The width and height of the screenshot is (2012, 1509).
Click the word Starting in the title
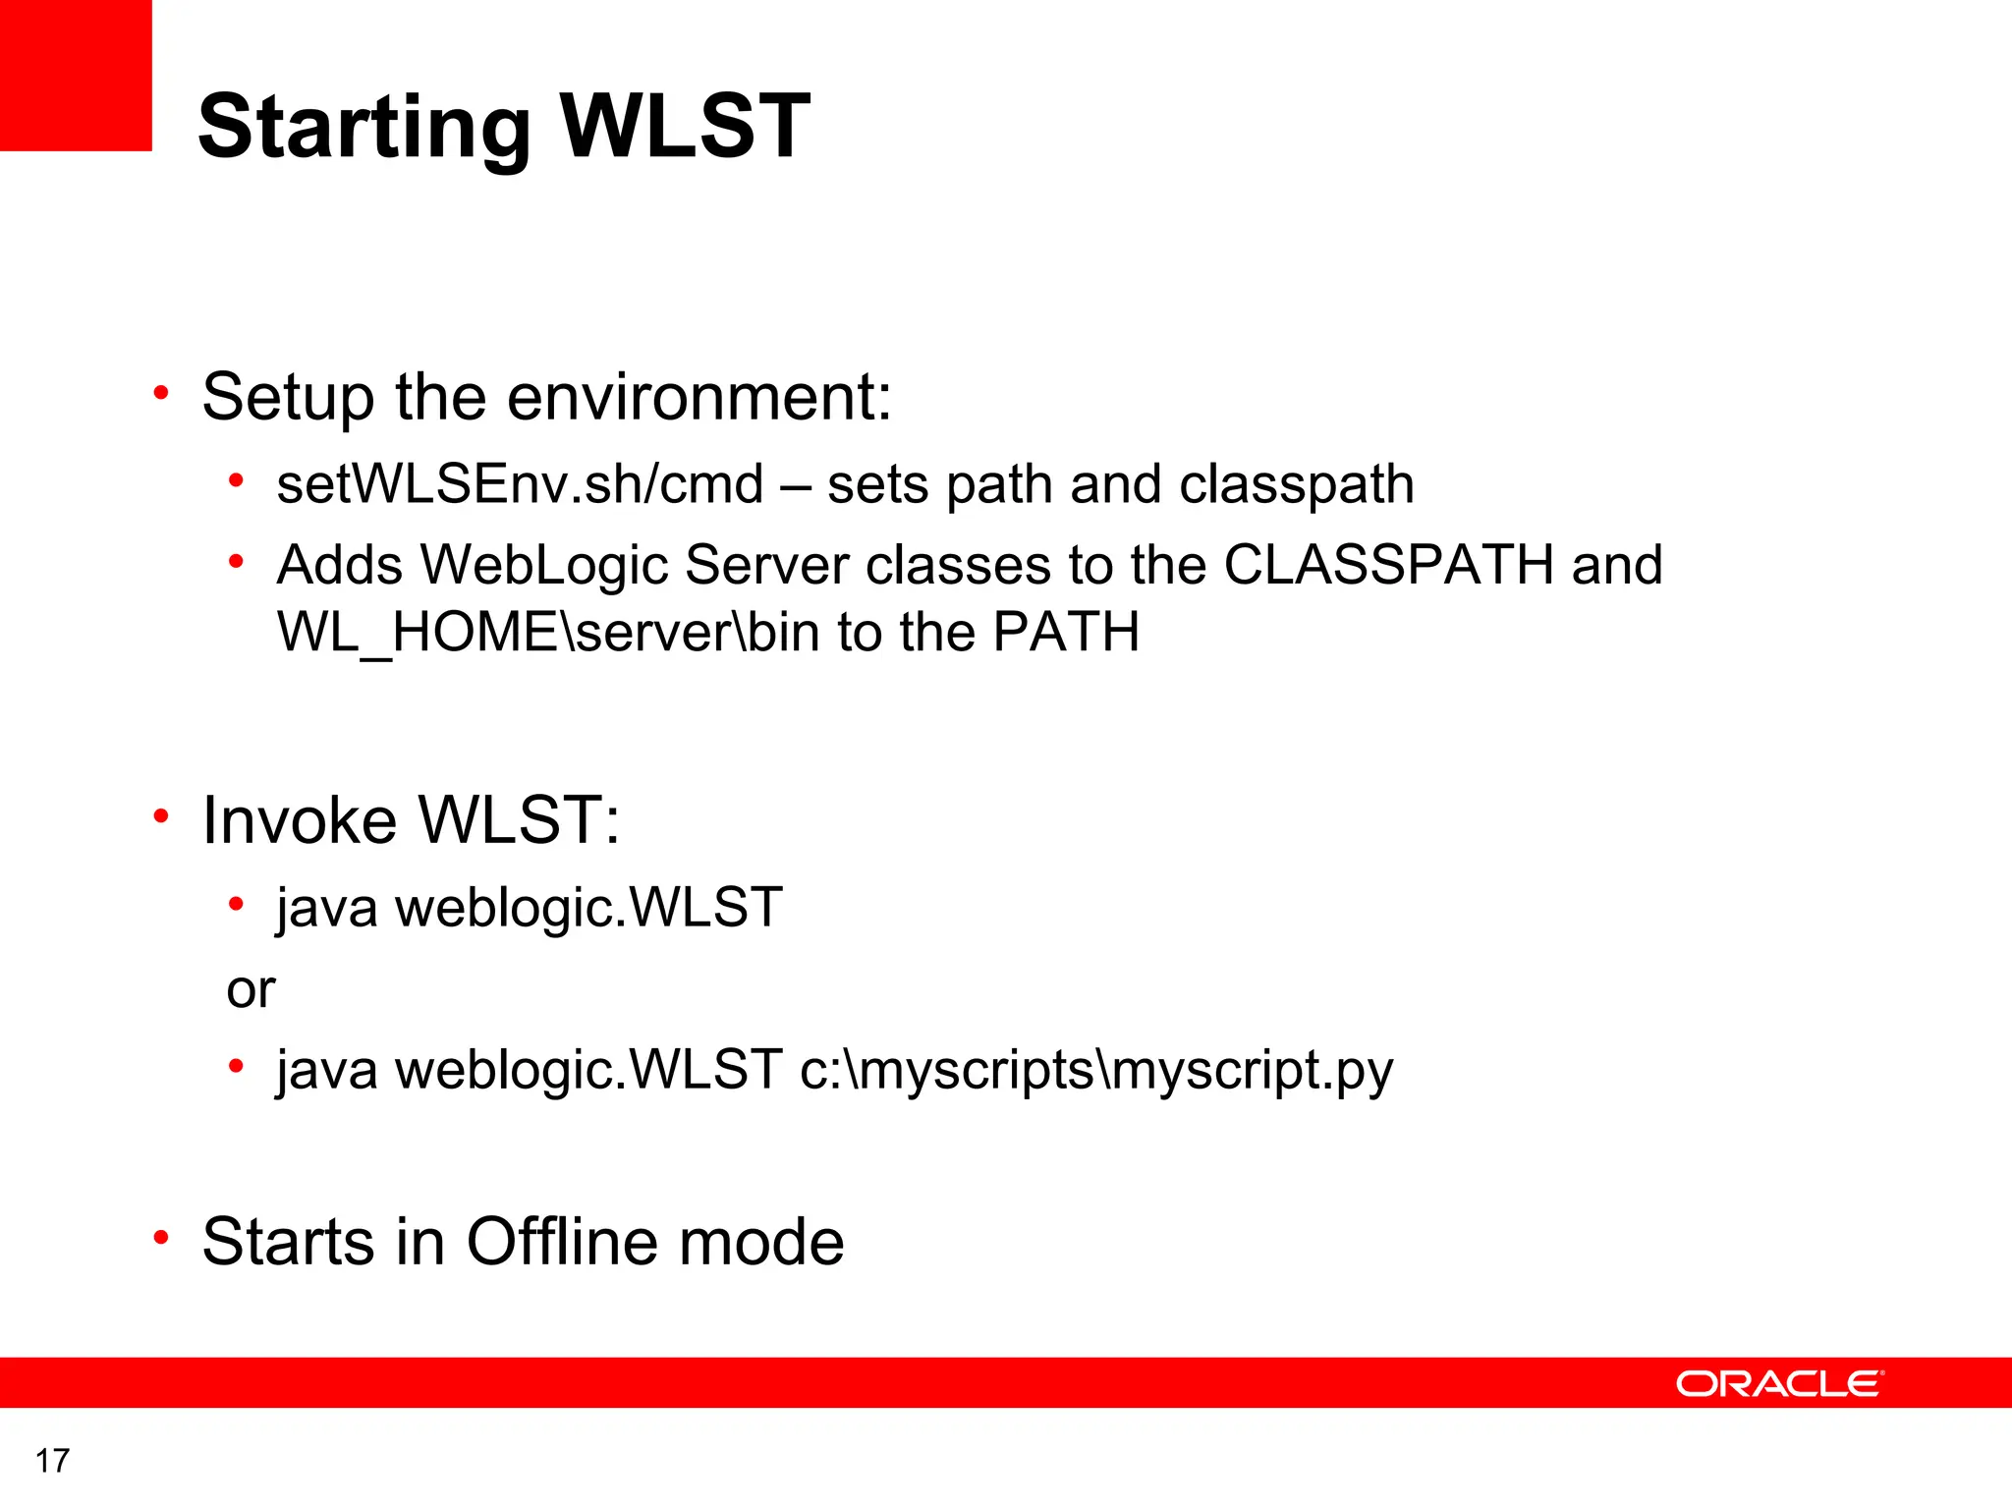(x=364, y=128)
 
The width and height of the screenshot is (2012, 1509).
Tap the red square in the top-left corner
(x=75, y=75)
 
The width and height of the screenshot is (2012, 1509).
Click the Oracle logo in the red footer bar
(x=1779, y=1383)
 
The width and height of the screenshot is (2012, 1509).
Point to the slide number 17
(x=52, y=1461)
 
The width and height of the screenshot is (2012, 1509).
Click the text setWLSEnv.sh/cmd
(x=520, y=484)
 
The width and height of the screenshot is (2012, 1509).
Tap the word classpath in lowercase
(x=1296, y=484)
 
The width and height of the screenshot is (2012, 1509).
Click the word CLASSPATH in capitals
(x=1388, y=565)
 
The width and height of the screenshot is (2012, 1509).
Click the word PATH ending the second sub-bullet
(x=1066, y=632)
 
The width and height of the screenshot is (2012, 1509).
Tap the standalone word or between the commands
(x=251, y=989)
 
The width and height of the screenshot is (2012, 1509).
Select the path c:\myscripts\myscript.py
(x=1096, y=1070)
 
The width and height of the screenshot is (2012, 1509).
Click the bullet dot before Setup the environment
(x=162, y=395)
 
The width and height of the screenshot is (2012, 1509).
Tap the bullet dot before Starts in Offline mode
(x=162, y=1238)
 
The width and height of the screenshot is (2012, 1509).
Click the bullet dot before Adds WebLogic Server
(x=236, y=562)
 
